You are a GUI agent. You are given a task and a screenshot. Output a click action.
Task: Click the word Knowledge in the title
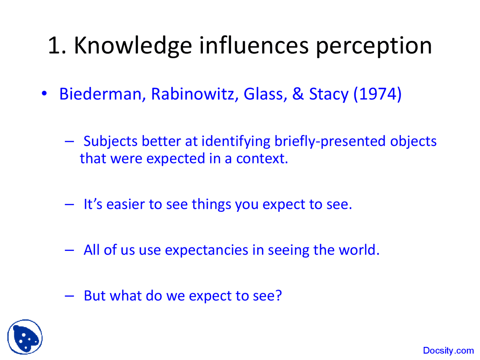coord(133,45)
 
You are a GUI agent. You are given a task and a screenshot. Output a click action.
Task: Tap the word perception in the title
coord(373,46)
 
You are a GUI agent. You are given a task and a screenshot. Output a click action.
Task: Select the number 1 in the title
coord(54,45)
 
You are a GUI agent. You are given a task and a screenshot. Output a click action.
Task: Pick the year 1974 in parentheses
coord(377,94)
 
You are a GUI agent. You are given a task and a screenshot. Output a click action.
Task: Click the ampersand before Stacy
coord(298,94)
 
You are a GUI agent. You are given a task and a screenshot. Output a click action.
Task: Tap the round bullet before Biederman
coord(44,93)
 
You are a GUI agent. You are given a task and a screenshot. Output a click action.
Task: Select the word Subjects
coord(111,141)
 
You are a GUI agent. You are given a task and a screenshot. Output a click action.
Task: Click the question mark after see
coord(278,295)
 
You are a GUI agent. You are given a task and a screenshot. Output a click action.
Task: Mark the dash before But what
coord(69,295)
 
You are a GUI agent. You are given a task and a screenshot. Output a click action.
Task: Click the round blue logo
coord(25,337)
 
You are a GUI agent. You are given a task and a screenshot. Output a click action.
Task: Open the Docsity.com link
coord(448,351)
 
